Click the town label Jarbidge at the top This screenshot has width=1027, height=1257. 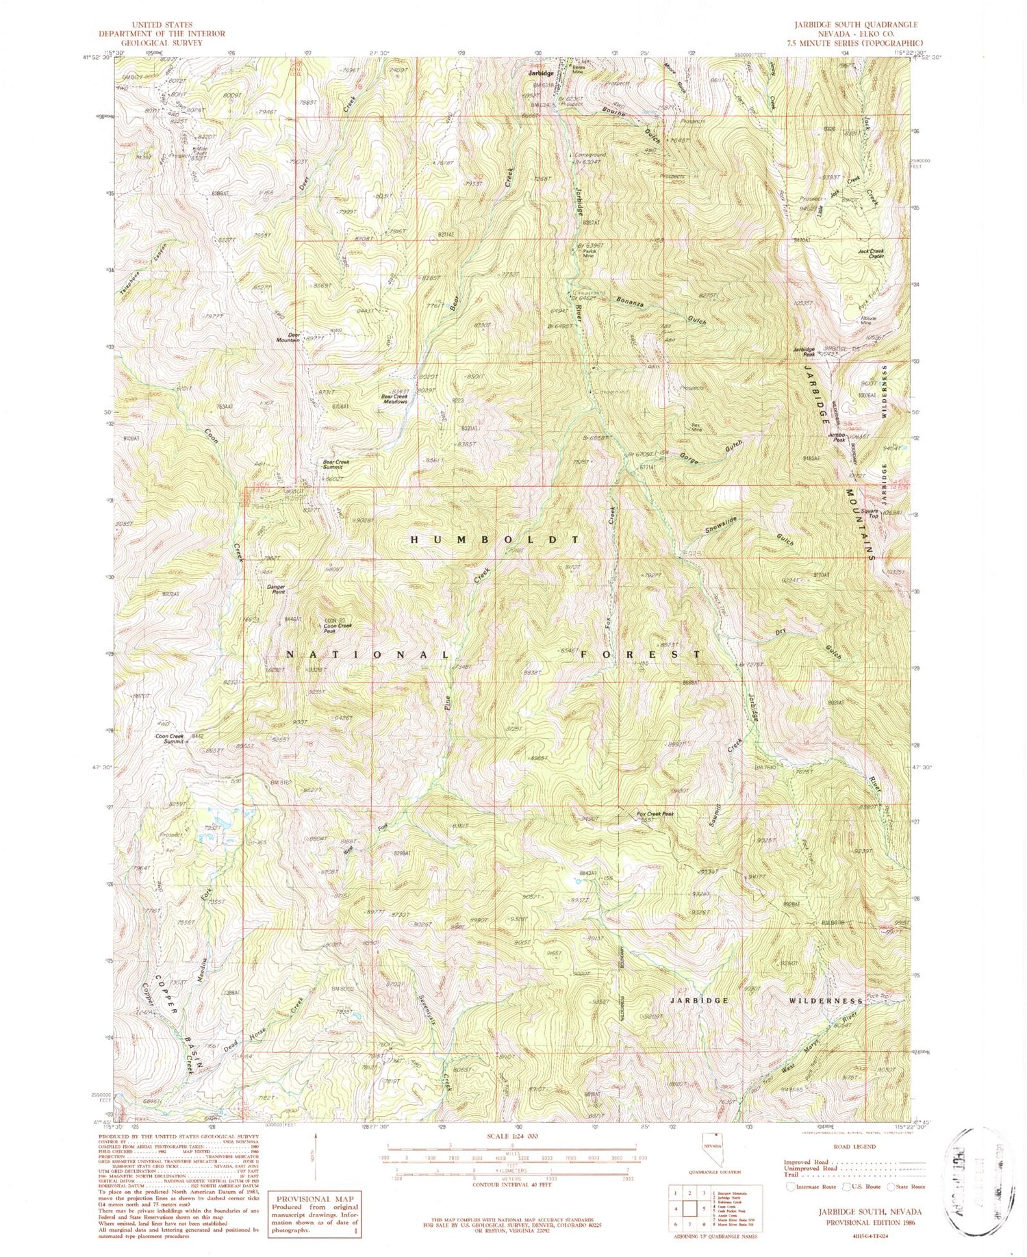pos(540,73)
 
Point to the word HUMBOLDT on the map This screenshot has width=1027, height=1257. pos(494,539)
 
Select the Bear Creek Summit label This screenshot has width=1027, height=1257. pos(336,464)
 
